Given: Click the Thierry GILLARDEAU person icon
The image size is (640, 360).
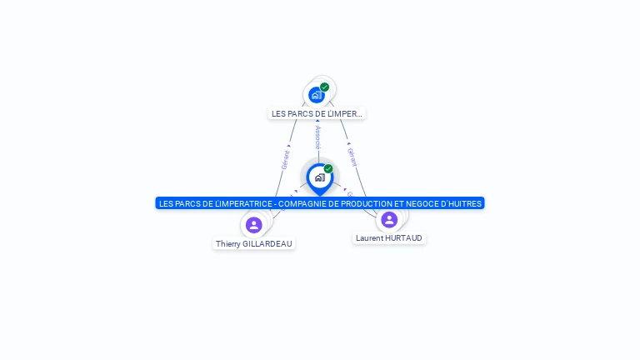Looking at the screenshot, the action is tap(254, 225).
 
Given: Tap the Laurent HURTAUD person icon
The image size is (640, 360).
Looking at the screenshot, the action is tap(389, 219).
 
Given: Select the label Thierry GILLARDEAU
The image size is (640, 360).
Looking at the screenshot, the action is tap(254, 244).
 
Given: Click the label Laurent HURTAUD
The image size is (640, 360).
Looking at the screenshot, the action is tap(389, 238).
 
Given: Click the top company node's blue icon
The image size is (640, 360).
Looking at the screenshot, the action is tap(316, 95).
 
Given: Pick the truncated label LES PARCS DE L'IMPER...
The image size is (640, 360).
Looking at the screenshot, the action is tap(317, 113).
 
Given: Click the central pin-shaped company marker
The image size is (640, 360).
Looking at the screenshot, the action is tap(319, 177).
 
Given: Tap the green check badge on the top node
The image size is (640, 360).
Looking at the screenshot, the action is tap(324, 87).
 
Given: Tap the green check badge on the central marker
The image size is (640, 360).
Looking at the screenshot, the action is tap(328, 168).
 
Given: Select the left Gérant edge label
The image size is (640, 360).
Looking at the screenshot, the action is tap(286, 159).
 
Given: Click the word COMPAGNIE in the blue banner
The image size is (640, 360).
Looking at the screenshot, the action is tap(305, 203).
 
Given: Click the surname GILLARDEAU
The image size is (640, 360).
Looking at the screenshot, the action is tap(267, 244).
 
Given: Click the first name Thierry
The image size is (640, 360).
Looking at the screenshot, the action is tap(227, 244).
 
